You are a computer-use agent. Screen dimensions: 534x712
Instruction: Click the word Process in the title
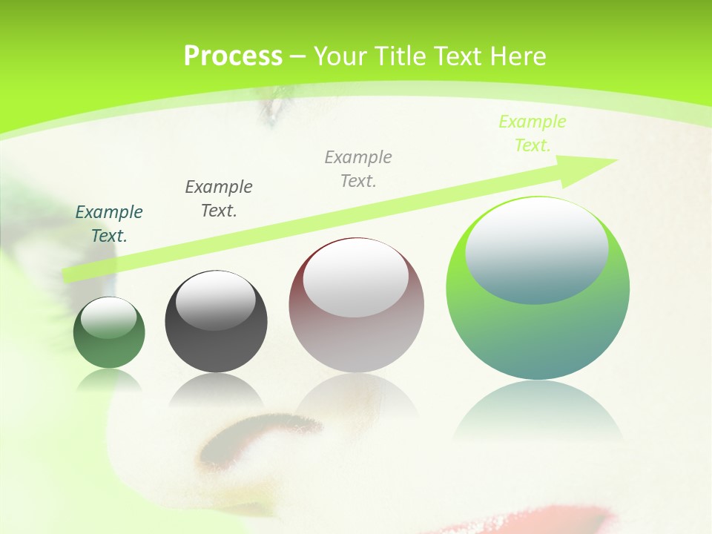(x=233, y=56)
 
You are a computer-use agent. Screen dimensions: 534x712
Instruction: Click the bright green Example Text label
(x=532, y=133)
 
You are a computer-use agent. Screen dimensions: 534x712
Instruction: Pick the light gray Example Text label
(x=358, y=168)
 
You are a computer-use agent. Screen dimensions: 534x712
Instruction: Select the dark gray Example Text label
(x=219, y=198)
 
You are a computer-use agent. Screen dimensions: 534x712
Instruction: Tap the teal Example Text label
(x=109, y=224)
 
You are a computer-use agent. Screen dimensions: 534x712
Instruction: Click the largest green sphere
(x=538, y=334)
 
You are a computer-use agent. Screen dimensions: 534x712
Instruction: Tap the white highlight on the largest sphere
(x=536, y=251)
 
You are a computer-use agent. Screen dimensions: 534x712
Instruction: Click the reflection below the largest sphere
(x=538, y=408)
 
